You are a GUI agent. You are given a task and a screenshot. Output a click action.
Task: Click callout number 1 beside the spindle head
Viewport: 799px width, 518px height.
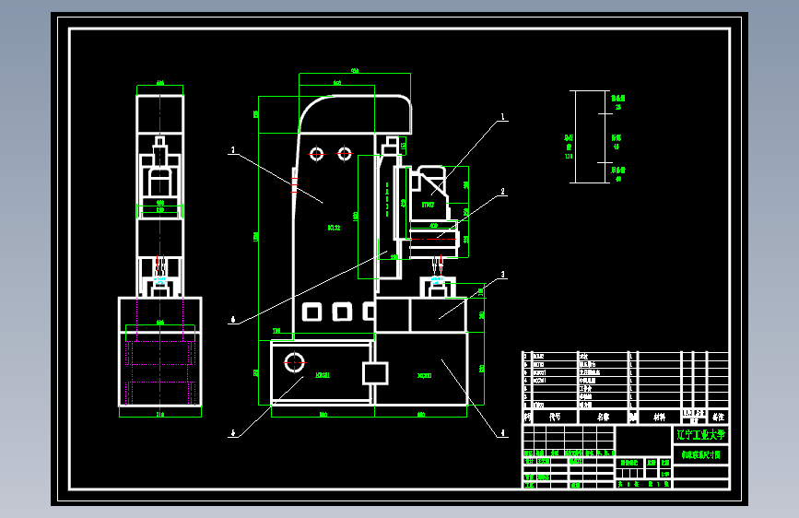[x=503, y=118]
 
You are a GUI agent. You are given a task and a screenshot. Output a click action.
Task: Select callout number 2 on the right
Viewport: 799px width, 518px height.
[x=503, y=193]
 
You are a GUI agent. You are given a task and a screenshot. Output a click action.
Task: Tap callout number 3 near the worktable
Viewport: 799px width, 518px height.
[x=503, y=274]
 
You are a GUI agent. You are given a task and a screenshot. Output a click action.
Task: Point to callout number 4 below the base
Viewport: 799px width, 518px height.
[x=503, y=432]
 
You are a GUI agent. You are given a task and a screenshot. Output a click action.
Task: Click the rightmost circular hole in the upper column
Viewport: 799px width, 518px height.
[x=345, y=152]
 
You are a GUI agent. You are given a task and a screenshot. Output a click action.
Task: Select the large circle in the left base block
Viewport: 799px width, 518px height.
[x=295, y=359]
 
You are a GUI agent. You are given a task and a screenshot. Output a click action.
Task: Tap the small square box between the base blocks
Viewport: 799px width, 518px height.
[x=376, y=372]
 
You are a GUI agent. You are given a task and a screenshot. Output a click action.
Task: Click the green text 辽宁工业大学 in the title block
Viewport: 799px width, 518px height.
[x=700, y=434]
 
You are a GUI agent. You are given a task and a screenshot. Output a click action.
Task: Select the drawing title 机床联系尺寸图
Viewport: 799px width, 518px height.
[x=700, y=454]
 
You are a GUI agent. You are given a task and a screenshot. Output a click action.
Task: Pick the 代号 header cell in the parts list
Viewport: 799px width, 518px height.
[x=554, y=417]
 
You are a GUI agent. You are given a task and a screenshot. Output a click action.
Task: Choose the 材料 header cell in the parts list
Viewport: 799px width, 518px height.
[x=659, y=417]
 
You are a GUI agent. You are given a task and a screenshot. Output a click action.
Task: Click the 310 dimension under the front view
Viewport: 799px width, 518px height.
[x=159, y=415]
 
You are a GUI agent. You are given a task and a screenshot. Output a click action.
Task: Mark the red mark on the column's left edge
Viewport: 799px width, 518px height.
[x=295, y=188]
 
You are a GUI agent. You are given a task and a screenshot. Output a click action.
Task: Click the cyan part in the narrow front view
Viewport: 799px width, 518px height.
[x=160, y=278]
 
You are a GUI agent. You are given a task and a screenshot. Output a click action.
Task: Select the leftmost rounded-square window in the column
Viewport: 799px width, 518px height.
[x=311, y=311]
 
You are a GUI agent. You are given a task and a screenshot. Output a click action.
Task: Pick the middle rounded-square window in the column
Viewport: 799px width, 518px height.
[x=343, y=311]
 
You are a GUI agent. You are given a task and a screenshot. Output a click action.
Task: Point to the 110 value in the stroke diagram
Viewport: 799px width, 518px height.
[x=569, y=157]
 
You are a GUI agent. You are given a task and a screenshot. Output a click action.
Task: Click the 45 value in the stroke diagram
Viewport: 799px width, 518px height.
[x=617, y=146]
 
